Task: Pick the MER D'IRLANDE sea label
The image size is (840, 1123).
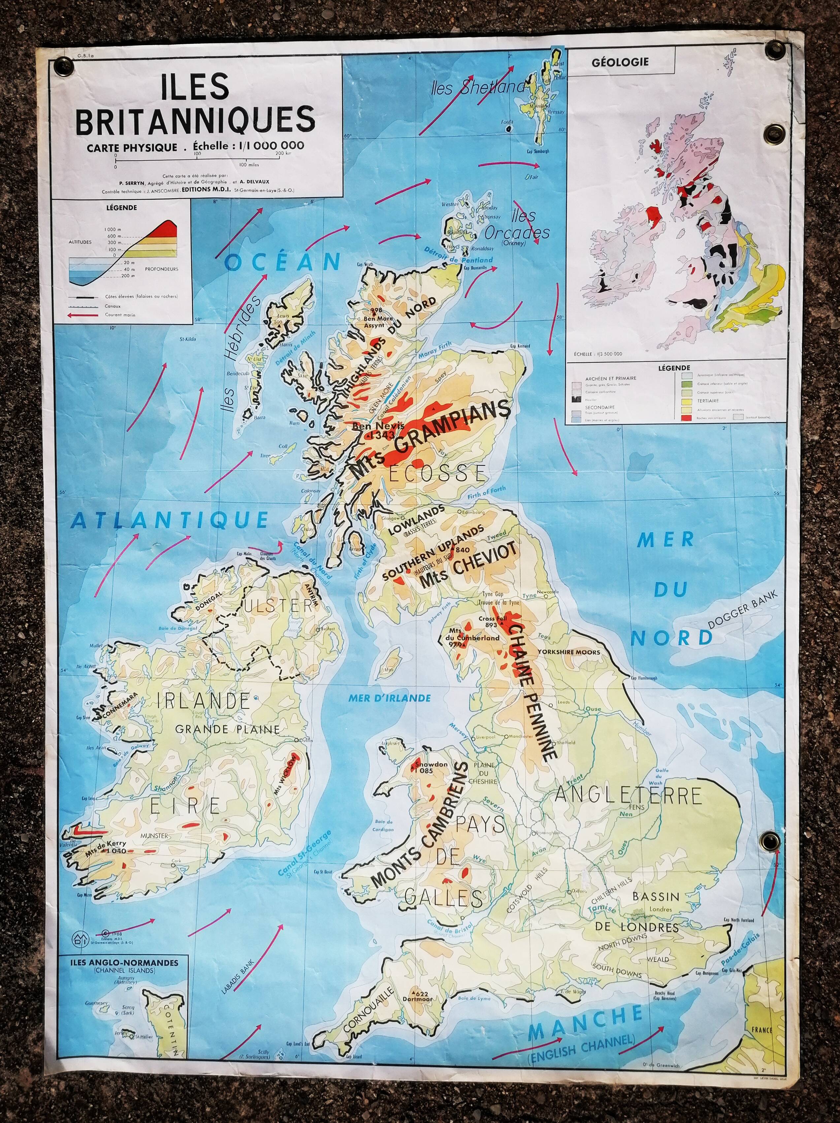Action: [389, 698]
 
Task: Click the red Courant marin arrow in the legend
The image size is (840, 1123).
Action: [85, 315]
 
